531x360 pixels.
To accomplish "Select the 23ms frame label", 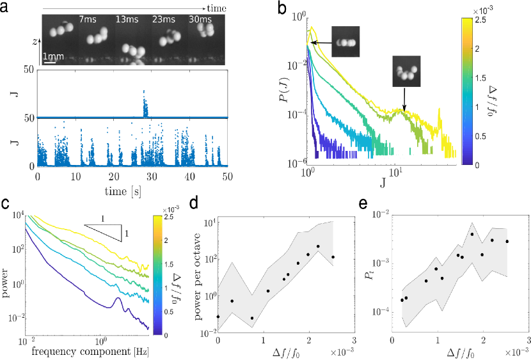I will (x=162, y=20).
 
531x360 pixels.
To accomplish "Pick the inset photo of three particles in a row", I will (x=345, y=42).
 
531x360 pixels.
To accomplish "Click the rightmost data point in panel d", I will (x=333, y=257).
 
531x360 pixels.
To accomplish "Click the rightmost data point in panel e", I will (x=507, y=241).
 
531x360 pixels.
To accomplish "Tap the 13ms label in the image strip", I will (x=125, y=20).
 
